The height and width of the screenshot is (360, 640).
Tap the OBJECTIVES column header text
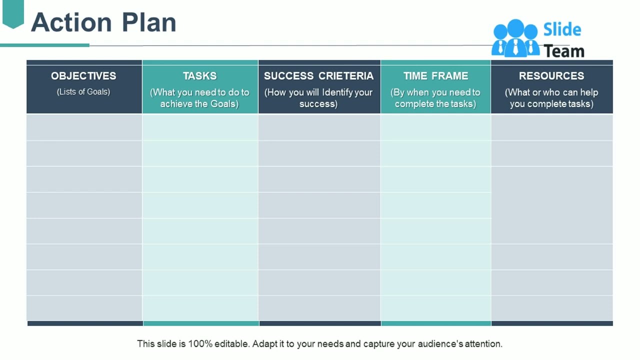(x=83, y=76)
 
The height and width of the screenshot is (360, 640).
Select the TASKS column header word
(x=199, y=76)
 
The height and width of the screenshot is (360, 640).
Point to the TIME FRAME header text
(x=435, y=76)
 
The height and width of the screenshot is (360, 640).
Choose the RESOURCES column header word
(x=551, y=76)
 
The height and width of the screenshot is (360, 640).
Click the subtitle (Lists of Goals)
(x=83, y=91)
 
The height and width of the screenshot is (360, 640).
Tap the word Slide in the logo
(x=562, y=29)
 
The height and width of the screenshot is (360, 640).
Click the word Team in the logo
(x=563, y=51)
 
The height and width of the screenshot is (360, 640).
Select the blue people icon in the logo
(x=515, y=38)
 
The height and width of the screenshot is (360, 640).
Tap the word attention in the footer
(x=483, y=344)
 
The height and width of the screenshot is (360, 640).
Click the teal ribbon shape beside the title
(x=13, y=13)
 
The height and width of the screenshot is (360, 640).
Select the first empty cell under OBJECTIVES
(x=84, y=127)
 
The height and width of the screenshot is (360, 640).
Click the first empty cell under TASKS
(x=200, y=127)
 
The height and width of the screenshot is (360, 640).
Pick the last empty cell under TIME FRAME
(x=435, y=307)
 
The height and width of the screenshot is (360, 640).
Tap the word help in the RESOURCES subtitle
(x=588, y=92)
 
